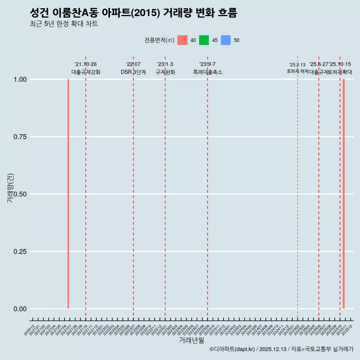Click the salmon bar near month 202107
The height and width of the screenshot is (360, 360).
[x=68, y=194]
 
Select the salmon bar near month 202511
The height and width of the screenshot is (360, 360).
[x=343, y=194]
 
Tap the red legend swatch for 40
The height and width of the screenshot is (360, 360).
[x=182, y=40]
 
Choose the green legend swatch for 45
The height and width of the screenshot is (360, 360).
[x=204, y=40]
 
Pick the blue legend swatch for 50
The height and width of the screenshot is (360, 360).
[x=226, y=40]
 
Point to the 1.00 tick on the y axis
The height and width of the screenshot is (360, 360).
[x=20, y=79]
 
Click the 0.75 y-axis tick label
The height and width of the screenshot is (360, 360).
[x=20, y=137]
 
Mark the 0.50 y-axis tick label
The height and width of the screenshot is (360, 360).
[x=20, y=194]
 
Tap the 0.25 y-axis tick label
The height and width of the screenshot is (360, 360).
[x=20, y=252]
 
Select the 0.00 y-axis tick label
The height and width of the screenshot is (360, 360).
[x=20, y=309]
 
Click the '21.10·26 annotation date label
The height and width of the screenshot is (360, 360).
[x=85, y=64]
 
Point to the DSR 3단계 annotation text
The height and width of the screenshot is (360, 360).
[x=133, y=72]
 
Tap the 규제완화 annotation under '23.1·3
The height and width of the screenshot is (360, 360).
[x=165, y=72]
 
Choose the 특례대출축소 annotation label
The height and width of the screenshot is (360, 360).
[x=207, y=72]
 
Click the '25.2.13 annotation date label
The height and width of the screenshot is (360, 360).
[x=297, y=65]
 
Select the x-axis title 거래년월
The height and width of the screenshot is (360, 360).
[x=192, y=340]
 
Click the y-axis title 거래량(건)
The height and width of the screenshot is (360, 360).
[x=10, y=188]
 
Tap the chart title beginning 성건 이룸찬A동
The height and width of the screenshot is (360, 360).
[x=133, y=13]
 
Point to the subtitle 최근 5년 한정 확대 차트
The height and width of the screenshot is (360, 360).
[x=64, y=24]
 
